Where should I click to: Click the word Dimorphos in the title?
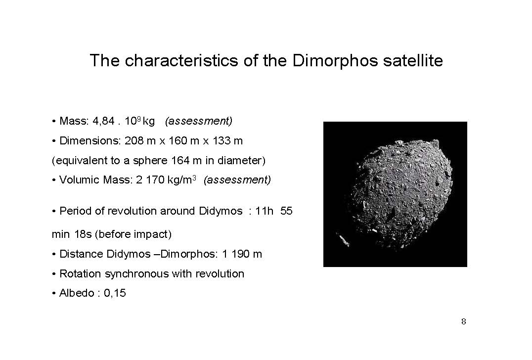(x=335, y=61)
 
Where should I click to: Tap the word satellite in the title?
(x=413, y=60)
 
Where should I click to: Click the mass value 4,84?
(x=103, y=121)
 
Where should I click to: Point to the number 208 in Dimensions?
(x=134, y=140)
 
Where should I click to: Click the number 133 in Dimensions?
(x=222, y=140)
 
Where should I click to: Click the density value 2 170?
(x=150, y=180)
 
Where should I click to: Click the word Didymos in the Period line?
(x=221, y=211)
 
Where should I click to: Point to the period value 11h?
(x=264, y=211)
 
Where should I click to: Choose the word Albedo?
(x=77, y=293)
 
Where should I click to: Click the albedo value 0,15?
(x=115, y=293)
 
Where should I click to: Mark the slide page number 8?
(x=464, y=321)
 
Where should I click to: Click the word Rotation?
(x=80, y=273)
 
